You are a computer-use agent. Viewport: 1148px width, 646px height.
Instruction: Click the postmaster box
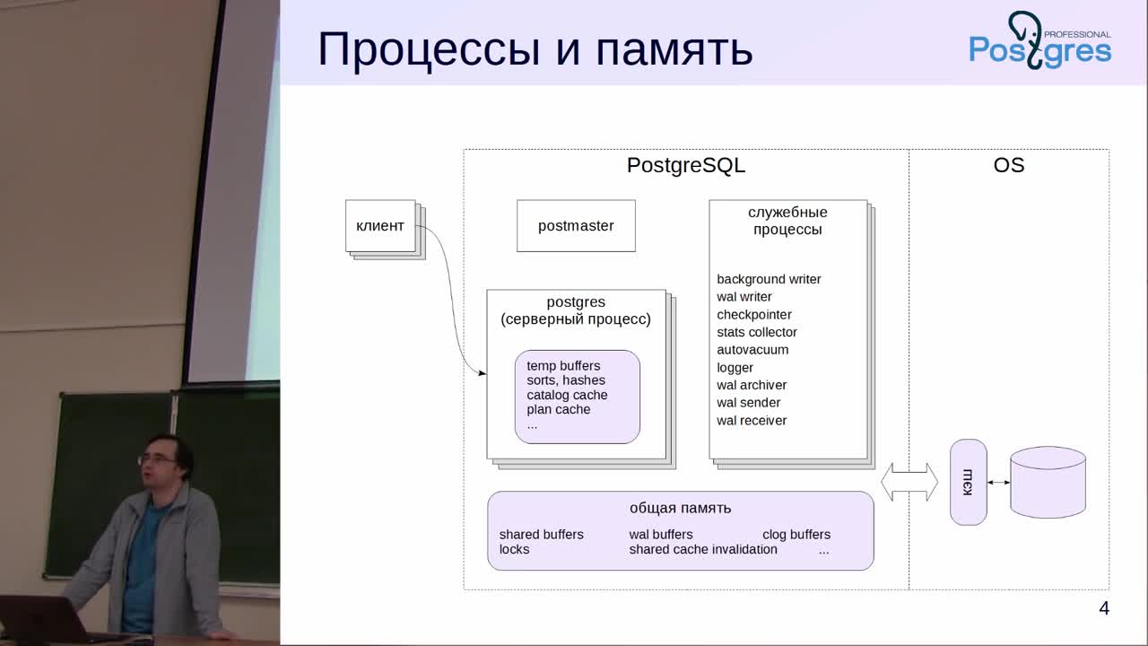576,225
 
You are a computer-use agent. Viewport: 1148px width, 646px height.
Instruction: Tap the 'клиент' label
379,225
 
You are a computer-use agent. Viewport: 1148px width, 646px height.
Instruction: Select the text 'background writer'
769,279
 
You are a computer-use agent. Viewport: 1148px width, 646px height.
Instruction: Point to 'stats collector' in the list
757,332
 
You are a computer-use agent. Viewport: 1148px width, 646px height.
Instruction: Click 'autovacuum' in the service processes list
752,350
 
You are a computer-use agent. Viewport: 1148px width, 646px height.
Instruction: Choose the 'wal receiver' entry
752,421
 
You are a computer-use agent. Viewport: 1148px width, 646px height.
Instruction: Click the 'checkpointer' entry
754,315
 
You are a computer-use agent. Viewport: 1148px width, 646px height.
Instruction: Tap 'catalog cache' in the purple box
567,395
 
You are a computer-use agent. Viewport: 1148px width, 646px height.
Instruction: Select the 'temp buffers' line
563,365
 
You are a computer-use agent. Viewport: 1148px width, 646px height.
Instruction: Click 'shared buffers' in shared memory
541,534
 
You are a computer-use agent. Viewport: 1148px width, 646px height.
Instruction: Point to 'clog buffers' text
796,534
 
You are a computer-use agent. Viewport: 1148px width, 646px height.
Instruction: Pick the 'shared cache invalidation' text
703,549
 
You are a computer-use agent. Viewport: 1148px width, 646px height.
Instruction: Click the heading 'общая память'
680,508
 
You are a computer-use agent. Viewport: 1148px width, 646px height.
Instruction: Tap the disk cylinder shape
1048,482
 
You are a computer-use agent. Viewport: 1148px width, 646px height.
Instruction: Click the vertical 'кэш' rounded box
968,482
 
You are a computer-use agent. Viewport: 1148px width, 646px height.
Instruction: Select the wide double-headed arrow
909,482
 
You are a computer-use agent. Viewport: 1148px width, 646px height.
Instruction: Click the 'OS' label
1009,165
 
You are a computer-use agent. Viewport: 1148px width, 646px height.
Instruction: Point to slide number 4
1104,608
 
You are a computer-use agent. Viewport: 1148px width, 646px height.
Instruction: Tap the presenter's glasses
155,460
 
